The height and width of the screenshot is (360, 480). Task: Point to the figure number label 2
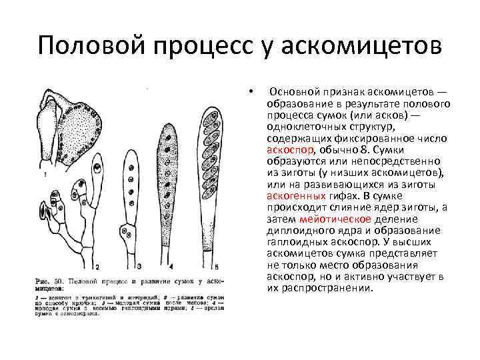[98, 266]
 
